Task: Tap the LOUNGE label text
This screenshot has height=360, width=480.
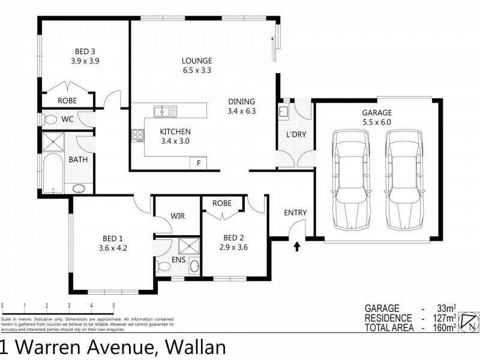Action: tap(197, 61)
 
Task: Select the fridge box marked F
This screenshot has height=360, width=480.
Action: tap(197, 163)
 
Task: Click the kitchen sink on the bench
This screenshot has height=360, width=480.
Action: tap(162, 110)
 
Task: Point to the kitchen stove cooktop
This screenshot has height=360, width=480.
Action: tap(137, 136)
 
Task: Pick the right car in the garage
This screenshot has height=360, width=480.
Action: tap(401, 179)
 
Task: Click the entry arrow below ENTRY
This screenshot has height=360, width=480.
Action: tap(296, 246)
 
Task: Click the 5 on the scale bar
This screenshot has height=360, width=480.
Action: tap(113, 305)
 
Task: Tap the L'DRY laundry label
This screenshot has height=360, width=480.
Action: tap(295, 134)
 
